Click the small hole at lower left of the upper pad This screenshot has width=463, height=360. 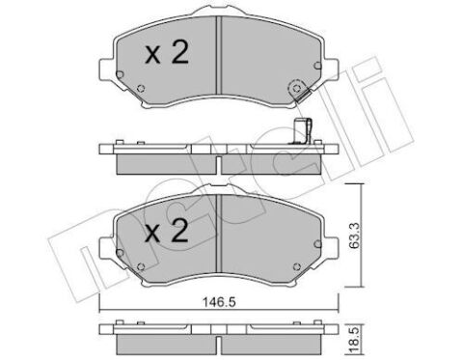pyautogui.click(x=142, y=93)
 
